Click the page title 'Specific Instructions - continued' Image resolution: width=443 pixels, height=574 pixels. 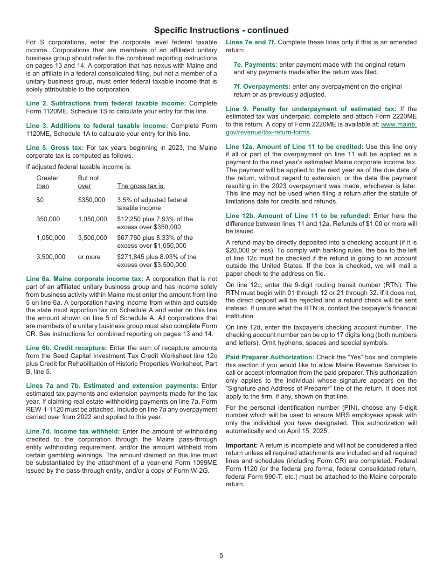(x=221, y=30)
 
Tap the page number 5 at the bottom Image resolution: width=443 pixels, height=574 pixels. (x=221, y=555)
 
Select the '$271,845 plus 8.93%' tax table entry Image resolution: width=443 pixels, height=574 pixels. (x=157, y=260)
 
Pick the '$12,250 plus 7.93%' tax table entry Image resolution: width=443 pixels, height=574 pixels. (x=155, y=223)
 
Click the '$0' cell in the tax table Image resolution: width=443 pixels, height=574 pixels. (x=40, y=200)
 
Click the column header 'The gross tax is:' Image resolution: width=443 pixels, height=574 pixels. (x=141, y=186)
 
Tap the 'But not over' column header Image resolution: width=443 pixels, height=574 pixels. (x=88, y=182)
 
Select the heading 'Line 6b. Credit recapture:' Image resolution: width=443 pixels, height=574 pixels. (x=66, y=348)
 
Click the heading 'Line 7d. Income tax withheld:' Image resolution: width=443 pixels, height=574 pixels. (x=73, y=431)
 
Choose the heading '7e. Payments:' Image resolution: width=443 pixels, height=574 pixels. (x=255, y=64)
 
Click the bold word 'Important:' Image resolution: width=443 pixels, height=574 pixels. (x=242, y=445)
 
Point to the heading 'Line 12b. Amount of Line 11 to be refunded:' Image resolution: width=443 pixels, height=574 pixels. (x=298, y=216)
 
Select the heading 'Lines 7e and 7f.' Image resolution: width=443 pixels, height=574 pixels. (x=250, y=42)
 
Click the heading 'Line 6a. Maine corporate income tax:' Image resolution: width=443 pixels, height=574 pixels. (x=84, y=279)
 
